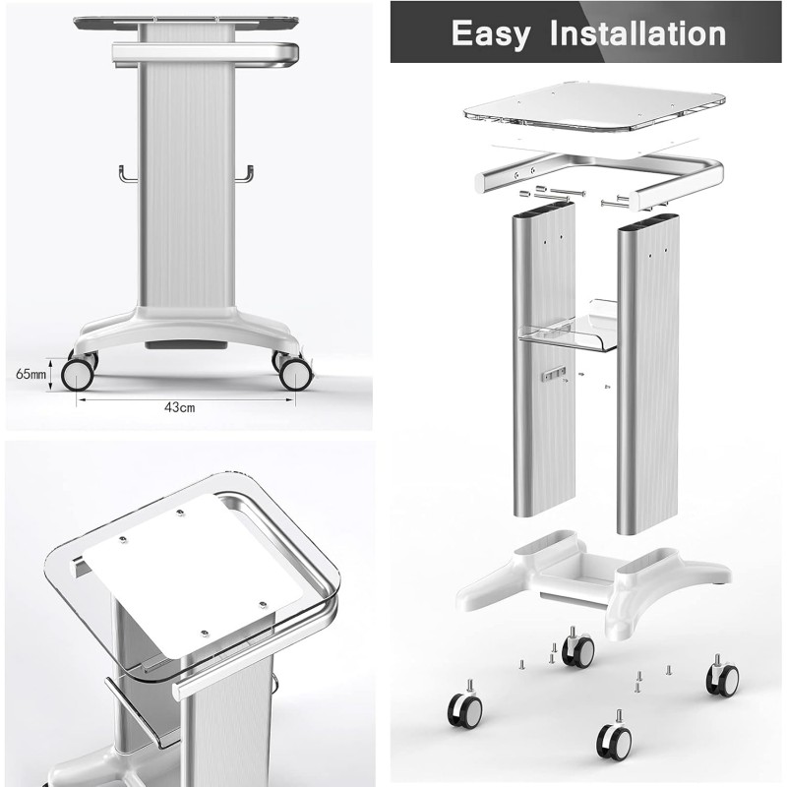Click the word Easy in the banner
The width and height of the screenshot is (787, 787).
(490, 34)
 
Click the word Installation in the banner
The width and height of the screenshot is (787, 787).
(637, 33)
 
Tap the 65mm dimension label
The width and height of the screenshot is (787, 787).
(30, 374)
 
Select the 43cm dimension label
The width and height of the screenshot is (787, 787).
(180, 407)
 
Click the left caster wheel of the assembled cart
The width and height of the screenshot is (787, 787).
(78, 374)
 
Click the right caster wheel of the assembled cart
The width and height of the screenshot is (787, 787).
(296, 374)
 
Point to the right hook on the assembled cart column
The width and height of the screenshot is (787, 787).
(244, 174)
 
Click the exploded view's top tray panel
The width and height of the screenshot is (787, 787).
(595, 106)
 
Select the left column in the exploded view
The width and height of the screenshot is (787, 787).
(544, 359)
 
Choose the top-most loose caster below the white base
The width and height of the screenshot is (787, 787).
(578, 648)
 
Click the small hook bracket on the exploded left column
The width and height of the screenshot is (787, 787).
(554, 374)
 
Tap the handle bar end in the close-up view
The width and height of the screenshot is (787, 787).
(178, 692)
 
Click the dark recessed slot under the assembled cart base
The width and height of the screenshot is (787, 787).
(186, 345)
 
